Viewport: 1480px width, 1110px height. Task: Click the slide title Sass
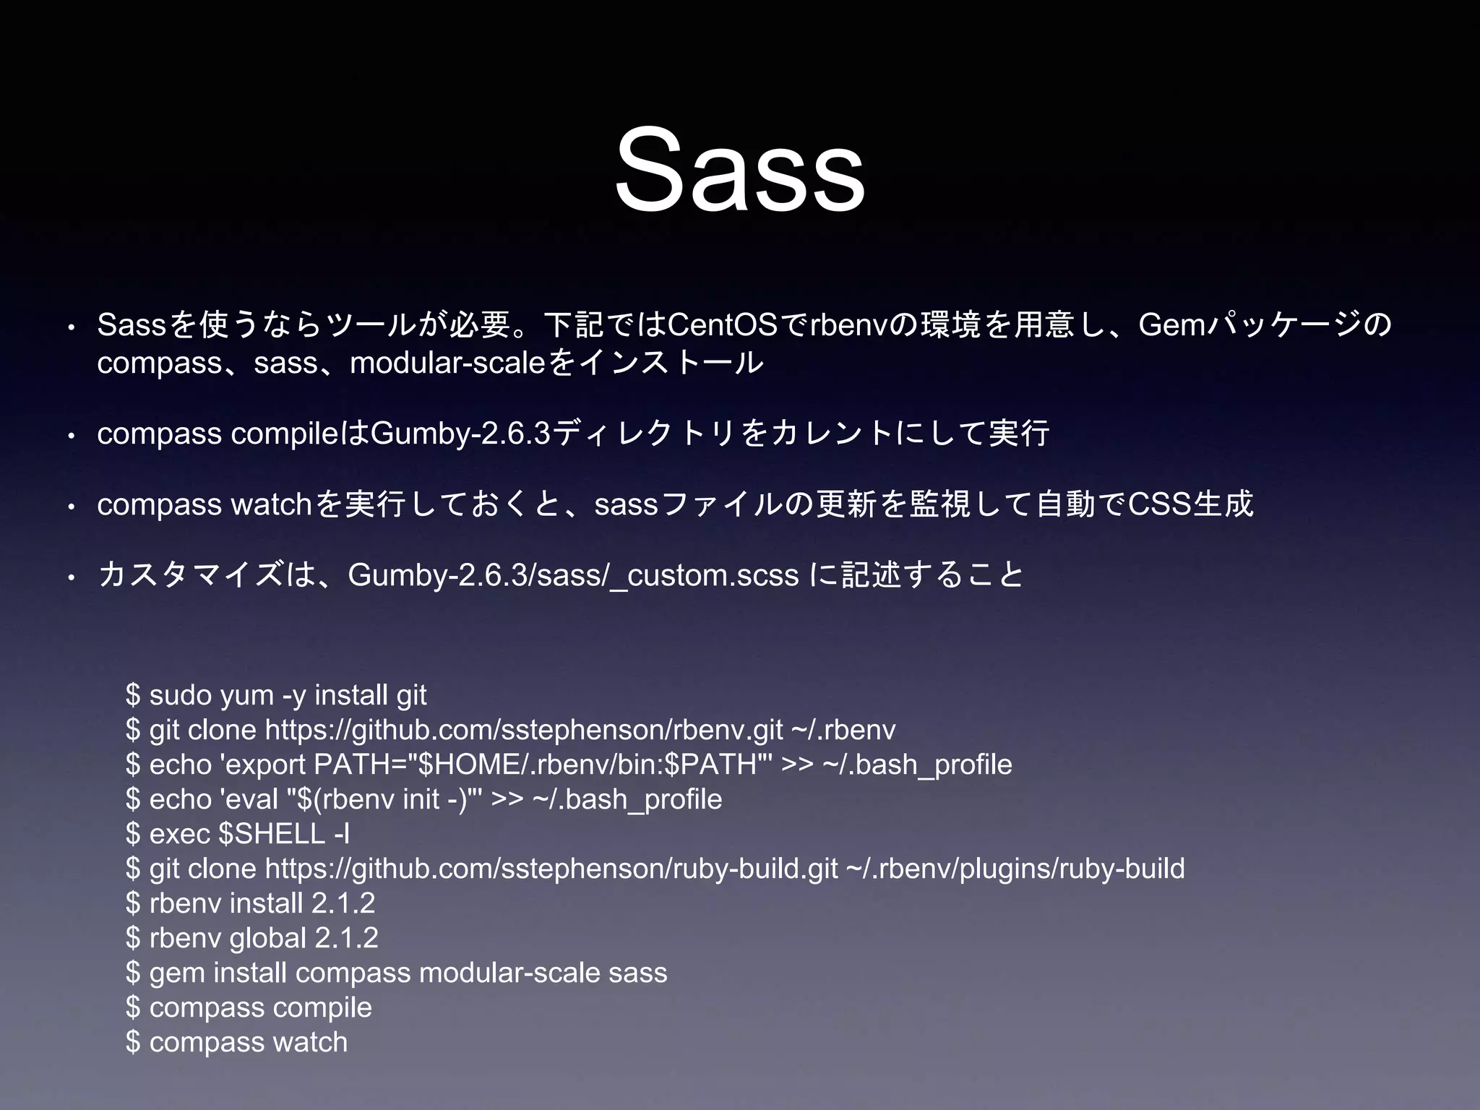[739, 171]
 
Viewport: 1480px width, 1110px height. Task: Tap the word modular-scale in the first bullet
[448, 363]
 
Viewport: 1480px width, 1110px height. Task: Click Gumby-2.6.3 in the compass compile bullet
[460, 434]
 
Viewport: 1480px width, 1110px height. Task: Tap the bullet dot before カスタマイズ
[71, 578]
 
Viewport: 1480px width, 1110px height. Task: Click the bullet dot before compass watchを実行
[71, 507]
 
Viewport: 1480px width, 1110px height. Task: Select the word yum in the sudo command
[246, 695]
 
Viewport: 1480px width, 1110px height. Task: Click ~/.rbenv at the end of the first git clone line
[843, 730]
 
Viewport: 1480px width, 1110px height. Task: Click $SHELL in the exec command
[271, 834]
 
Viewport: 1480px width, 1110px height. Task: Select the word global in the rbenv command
[267, 938]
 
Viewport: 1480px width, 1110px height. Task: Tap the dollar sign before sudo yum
[132, 695]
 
